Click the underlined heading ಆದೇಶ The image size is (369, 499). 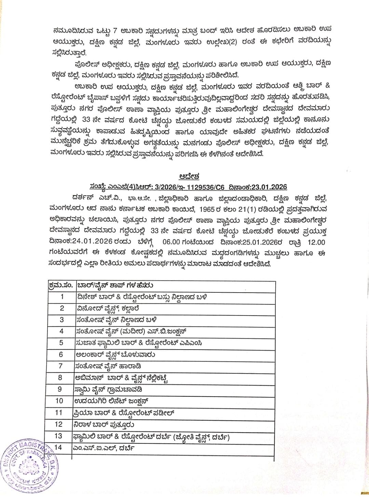coord(189,177)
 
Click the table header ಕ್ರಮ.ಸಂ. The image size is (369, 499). coord(60,285)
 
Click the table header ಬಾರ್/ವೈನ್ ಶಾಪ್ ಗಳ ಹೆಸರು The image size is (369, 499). coord(115,285)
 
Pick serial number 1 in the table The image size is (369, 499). coord(62,297)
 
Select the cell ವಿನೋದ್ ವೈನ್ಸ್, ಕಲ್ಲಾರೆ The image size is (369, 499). coord(107,308)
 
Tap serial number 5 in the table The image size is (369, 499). coord(61,343)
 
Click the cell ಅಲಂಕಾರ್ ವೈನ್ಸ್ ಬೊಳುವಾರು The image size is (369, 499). coord(115,354)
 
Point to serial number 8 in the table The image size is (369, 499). coord(60,378)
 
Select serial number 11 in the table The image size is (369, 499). coord(58,413)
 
